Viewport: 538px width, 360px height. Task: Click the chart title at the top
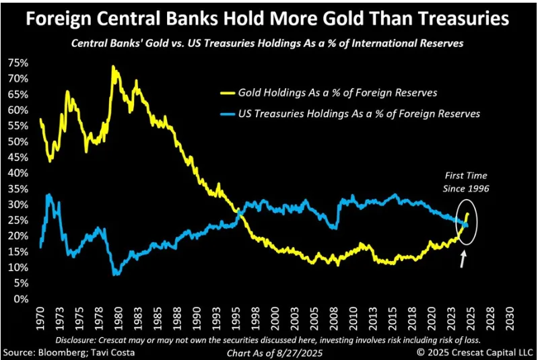[268, 18]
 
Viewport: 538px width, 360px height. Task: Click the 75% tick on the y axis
[18, 63]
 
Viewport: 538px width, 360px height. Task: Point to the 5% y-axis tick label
[21, 283]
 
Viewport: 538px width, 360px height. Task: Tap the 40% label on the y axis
[18, 173]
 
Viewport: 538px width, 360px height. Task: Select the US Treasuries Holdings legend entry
[360, 114]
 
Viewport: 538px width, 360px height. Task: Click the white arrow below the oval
[463, 258]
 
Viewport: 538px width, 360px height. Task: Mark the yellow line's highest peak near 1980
[112, 66]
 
